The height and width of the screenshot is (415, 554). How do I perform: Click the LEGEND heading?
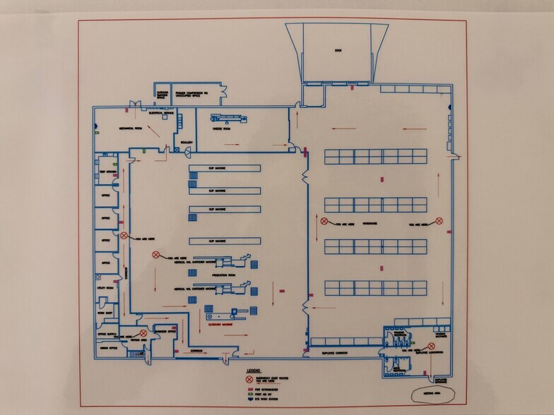click(x=254, y=369)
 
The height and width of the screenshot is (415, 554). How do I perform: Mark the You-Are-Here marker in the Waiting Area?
click(x=143, y=332)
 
